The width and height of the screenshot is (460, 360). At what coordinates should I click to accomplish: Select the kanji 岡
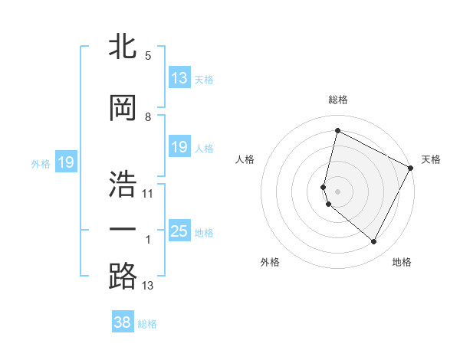[x=123, y=106]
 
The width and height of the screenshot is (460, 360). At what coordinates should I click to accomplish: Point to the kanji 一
[x=123, y=229]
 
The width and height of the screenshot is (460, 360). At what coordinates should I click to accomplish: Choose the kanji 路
[x=123, y=276]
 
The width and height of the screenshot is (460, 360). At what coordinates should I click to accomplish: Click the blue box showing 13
[x=179, y=78]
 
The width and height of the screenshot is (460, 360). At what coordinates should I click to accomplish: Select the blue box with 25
[x=179, y=231]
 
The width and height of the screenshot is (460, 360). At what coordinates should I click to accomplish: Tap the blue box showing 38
[x=123, y=322]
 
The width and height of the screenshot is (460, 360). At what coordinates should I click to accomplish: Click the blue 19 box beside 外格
[x=65, y=162]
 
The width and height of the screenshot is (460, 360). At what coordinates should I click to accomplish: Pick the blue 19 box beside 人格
[x=179, y=147]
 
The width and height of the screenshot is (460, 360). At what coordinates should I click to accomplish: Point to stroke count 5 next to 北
[x=148, y=56]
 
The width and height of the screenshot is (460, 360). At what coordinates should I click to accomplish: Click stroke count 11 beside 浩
[x=148, y=193]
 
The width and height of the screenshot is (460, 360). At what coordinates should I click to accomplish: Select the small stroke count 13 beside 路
[x=148, y=286]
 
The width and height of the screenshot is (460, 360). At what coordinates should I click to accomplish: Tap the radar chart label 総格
[x=337, y=100]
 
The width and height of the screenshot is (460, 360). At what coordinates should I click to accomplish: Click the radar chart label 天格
[x=431, y=159]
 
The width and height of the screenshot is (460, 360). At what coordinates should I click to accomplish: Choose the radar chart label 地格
[x=402, y=262]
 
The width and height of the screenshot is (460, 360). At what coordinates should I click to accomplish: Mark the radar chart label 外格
[x=270, y=262]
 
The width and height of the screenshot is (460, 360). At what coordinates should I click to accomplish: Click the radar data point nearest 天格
[x=411, y=169]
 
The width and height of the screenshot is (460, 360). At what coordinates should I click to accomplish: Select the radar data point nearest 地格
[x=374, y=242]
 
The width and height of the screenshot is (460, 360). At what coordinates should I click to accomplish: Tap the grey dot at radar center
[x=337, y=191]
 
